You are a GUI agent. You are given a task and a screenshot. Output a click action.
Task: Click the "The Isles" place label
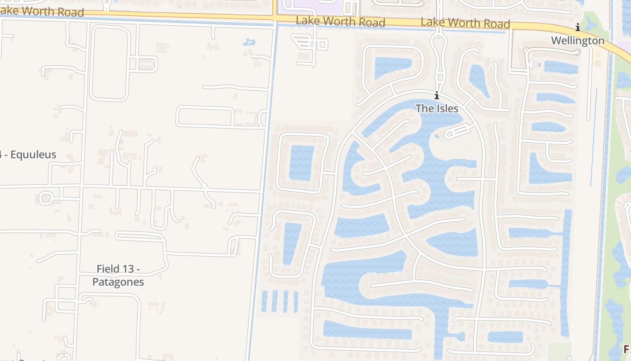437,108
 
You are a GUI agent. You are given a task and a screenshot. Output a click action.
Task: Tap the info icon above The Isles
436,95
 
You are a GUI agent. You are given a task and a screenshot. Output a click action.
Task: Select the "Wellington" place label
577,41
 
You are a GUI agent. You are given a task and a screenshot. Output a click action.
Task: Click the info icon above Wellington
577,28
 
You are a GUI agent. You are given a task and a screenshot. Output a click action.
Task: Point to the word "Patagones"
118,282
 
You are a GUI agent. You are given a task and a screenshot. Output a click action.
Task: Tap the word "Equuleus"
33,155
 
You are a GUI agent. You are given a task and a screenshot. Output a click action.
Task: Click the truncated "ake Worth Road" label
43,11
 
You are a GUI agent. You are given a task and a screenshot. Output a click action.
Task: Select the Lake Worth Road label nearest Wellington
465,23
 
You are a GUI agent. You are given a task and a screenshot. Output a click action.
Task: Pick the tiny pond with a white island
249,42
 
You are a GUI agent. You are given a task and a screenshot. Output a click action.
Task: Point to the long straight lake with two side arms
566,271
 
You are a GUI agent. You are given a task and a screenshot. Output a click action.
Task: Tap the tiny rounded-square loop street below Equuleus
46,198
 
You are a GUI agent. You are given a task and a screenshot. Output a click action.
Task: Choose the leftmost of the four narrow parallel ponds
265,301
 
